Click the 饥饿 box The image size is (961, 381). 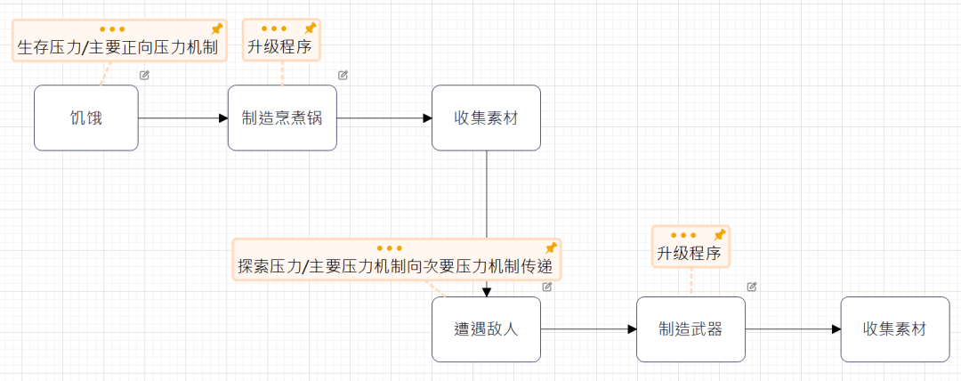click(x=86, y=118)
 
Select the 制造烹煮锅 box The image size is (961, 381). click(x=282, y=118)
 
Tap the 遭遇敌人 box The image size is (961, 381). click(x=486, y=329)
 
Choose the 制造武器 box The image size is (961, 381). click(x=690, y=329)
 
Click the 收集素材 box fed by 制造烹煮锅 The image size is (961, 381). click(x=486, y=118)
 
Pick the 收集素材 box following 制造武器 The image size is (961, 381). click(x=895, y=329)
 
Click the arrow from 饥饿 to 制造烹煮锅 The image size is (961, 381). click(x=182, y=118)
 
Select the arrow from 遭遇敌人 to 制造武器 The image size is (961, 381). click(x=588, y=329)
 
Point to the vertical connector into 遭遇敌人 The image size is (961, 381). click(x=487, y=196)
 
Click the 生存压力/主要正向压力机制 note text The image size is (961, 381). click(x=117, y=47)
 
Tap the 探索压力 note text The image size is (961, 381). click(x=399, y=266)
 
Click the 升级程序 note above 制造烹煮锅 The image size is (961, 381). click(x=279, y=47)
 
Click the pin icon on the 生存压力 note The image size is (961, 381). click(x=215, y=28)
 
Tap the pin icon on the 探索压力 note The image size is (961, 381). click(x=551, y=247)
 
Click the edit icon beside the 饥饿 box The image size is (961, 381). click(x=144, y=76)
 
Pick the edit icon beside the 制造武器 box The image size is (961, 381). click(x=752, y=287)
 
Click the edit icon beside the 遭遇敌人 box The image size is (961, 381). click(x=547, y=287)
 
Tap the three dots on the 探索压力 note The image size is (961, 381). click(x=390, y=248)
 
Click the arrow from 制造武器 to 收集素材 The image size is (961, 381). click(x=793, y=329)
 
